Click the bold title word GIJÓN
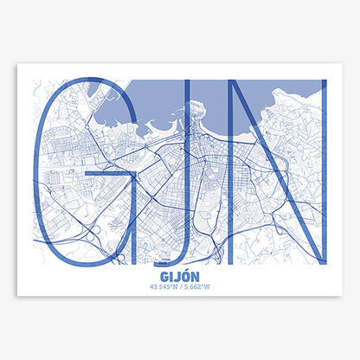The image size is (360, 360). (180, 278)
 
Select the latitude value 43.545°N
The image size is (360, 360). (163, 288)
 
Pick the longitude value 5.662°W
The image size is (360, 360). (197, 288)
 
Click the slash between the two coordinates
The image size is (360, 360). (180, 288)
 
